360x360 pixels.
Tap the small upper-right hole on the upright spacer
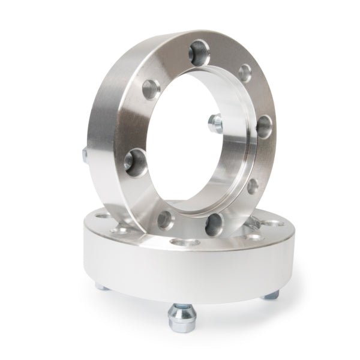point(245,73)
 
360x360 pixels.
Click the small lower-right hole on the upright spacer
point(253,184)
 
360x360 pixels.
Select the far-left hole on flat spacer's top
point(101,217)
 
